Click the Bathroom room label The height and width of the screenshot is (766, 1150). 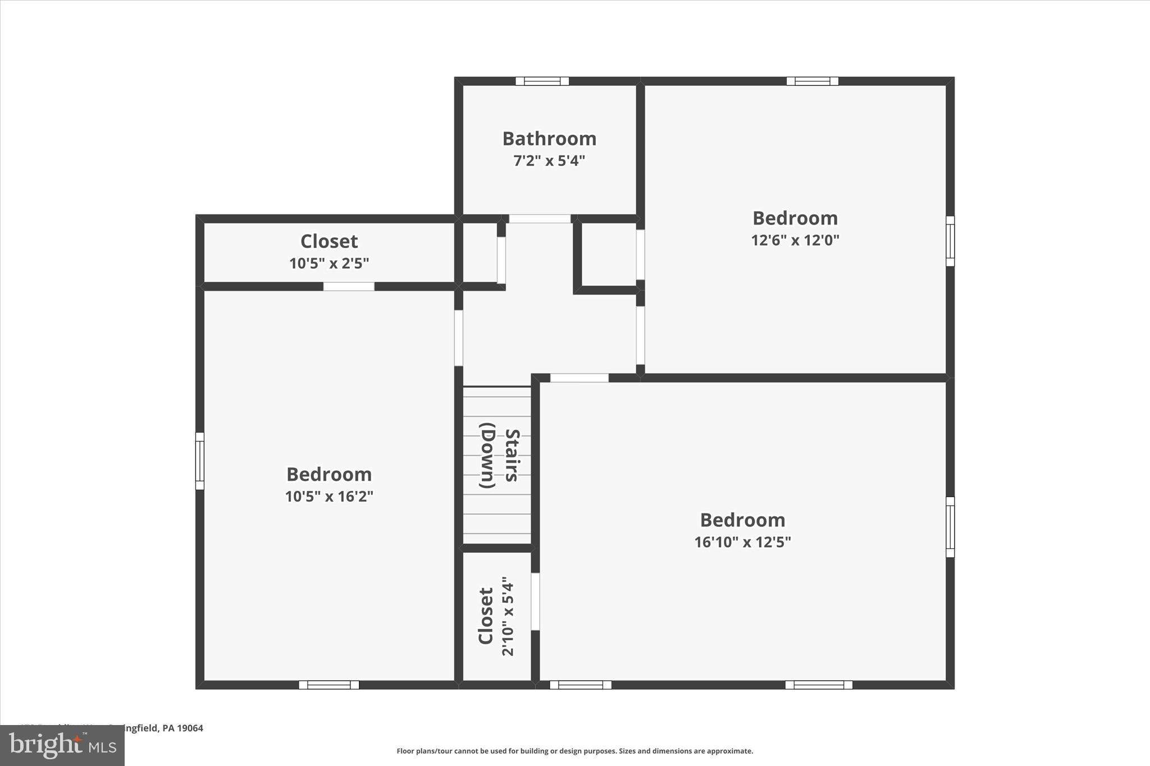[549, 139]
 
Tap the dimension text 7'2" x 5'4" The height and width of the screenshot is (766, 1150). [549, 161]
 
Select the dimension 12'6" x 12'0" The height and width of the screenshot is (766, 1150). [795, 240]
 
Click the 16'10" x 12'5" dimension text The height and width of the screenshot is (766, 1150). [742, 542]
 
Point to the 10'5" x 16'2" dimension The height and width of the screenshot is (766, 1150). [329, 497]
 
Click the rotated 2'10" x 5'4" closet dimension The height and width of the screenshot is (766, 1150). [508, 616]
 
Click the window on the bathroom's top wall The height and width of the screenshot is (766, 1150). [542, 81]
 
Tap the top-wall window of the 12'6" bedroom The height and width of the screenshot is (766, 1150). [813, 81]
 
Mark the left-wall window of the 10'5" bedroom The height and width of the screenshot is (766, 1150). [200, 461]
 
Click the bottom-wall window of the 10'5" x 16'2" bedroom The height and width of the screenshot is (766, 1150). [329, 685]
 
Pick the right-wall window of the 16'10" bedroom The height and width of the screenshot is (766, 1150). [950, 527]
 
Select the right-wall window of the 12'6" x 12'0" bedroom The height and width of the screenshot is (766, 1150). [950, 241]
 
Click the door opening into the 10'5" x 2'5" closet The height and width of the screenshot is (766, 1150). [349, 287]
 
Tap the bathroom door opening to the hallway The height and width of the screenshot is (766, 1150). [540, 219]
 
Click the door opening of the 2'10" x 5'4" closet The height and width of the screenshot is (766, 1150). [535, 602]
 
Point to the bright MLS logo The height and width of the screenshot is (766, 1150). [62, 745]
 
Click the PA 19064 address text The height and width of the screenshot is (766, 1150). [182, 728]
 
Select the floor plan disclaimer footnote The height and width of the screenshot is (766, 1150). [574, 751]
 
